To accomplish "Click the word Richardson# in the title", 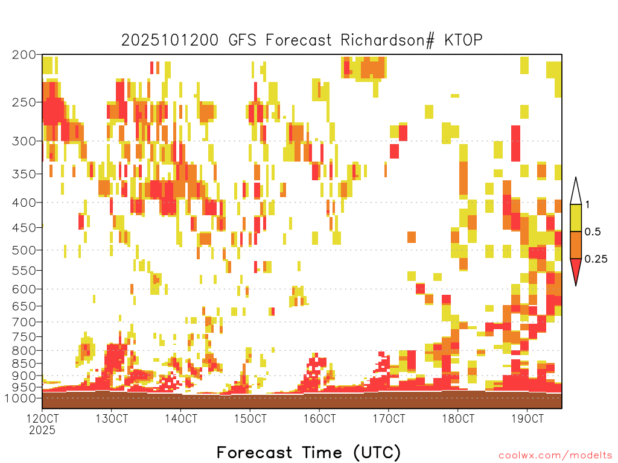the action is (x=387, y=40).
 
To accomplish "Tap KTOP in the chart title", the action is (x=463, y=40).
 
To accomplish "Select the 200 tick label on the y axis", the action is (x=24, y=55).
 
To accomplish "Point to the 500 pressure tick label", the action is (x=24, y=250).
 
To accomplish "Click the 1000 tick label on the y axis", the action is (x=20, y=398).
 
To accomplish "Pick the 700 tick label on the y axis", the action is (x=24, y=322).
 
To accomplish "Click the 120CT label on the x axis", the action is (x=42, y=418).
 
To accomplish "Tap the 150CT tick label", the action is (x=250, y=418).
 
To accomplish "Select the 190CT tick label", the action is (x=527, y=418).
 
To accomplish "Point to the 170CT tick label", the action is (x=389, y=418).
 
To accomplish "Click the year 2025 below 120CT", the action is (x=42, y=430).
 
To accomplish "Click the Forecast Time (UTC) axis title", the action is (x=308, y=453).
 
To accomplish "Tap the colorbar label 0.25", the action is (x=596, y=259).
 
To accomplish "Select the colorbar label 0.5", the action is (x=593, y=231).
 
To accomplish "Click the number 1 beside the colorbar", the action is (x=587, y=204).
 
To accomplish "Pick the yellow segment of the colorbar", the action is (x=576, y=218).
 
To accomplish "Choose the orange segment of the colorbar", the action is (x=576, y=245).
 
